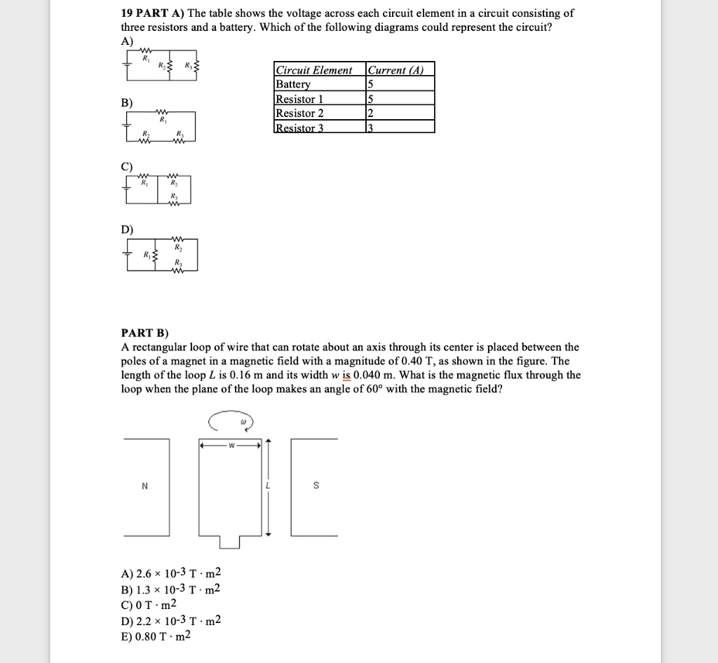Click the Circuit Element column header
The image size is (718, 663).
[313, 70]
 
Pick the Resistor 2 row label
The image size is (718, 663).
[300, 113]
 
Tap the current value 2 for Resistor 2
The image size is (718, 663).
[370, 113]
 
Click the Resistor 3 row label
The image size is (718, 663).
[300, 127]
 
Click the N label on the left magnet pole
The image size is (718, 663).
[144, 486]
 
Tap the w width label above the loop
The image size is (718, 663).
[230, 444]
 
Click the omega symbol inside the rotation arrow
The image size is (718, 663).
[243, 422]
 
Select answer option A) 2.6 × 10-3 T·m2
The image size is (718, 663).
[171, 573]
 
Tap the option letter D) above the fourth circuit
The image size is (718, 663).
[127, 229]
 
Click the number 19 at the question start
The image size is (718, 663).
[128, 13]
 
